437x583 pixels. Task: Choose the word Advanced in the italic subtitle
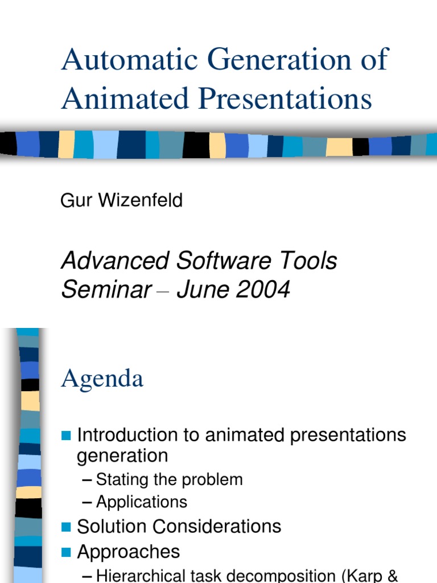coord(114,261)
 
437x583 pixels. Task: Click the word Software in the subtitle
coord(220,261)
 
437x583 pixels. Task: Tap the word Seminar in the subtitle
coord(106,290)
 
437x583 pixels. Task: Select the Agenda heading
coord(102,379)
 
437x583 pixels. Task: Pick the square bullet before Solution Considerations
coord(66,527)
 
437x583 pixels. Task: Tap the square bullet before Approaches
coord(66,552)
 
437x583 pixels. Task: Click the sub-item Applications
coord(141,502)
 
